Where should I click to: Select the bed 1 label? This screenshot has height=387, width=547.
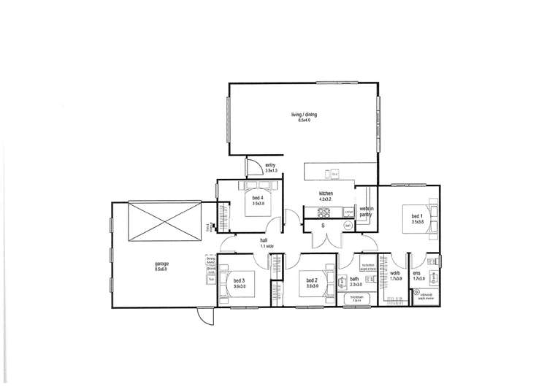[416, 217]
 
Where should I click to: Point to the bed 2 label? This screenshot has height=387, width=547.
[312, 280]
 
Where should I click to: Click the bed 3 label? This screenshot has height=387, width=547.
[239, 280]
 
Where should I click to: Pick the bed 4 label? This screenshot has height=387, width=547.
[257, 198]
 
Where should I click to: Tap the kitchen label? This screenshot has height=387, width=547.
[326, 193]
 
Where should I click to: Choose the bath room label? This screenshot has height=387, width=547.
[353, 278]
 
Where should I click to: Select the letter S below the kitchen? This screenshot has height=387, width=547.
[324, 226]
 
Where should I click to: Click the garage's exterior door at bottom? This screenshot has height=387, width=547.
[205, 314]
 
